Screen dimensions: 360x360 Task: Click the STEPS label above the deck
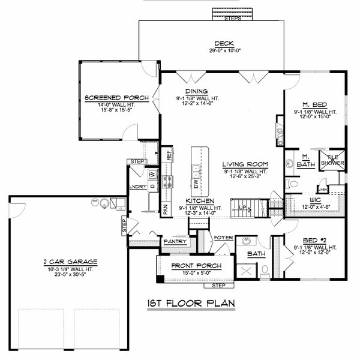pyautogui.click(x=232, y=19)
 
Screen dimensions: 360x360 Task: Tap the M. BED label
pyautogui.click(x=316, y=105)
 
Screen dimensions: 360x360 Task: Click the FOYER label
pyautogui.click(x=223, y=238)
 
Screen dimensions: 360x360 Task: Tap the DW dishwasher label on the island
pyautogui.click(x=196, y=184)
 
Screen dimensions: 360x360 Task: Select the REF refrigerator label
pyautogui.click(x=169, y=154)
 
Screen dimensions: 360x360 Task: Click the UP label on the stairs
pyautogui.click(x=242, y=208)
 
